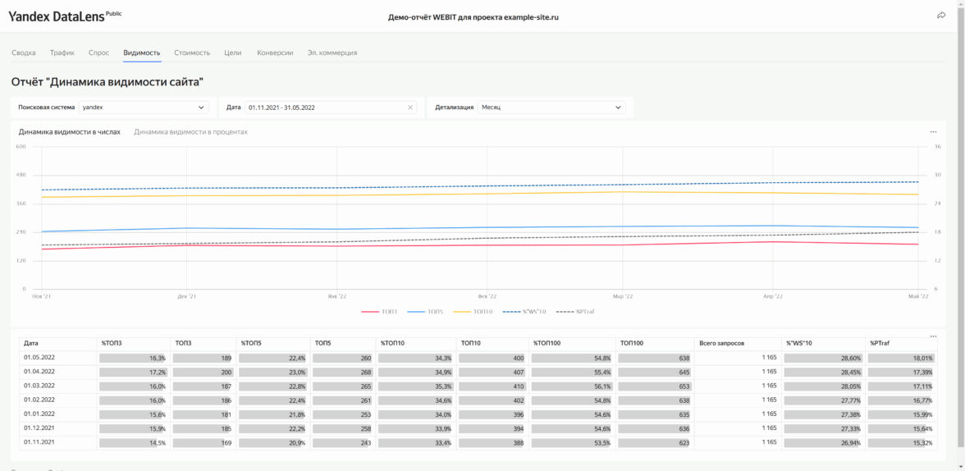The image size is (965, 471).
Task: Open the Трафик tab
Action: coord(62,53)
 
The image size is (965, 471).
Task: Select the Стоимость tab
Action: coord(192,53)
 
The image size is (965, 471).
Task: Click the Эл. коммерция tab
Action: coord(332,53)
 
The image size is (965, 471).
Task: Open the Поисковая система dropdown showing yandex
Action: coord(144,107)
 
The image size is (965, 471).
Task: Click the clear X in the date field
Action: coord(410,107)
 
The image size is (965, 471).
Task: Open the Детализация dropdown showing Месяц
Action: coord(551,107)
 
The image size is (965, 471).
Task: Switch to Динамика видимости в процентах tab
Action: coord(190,132)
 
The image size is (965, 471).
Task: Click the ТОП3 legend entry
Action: coord(380,312)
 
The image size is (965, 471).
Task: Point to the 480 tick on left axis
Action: coord(21,175)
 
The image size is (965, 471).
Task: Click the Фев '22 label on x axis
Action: coord(487,296)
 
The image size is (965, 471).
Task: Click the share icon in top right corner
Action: coord(941,16)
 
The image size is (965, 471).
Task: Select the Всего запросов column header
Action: coord(721,344)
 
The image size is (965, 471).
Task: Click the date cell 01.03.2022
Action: coord(39,386)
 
